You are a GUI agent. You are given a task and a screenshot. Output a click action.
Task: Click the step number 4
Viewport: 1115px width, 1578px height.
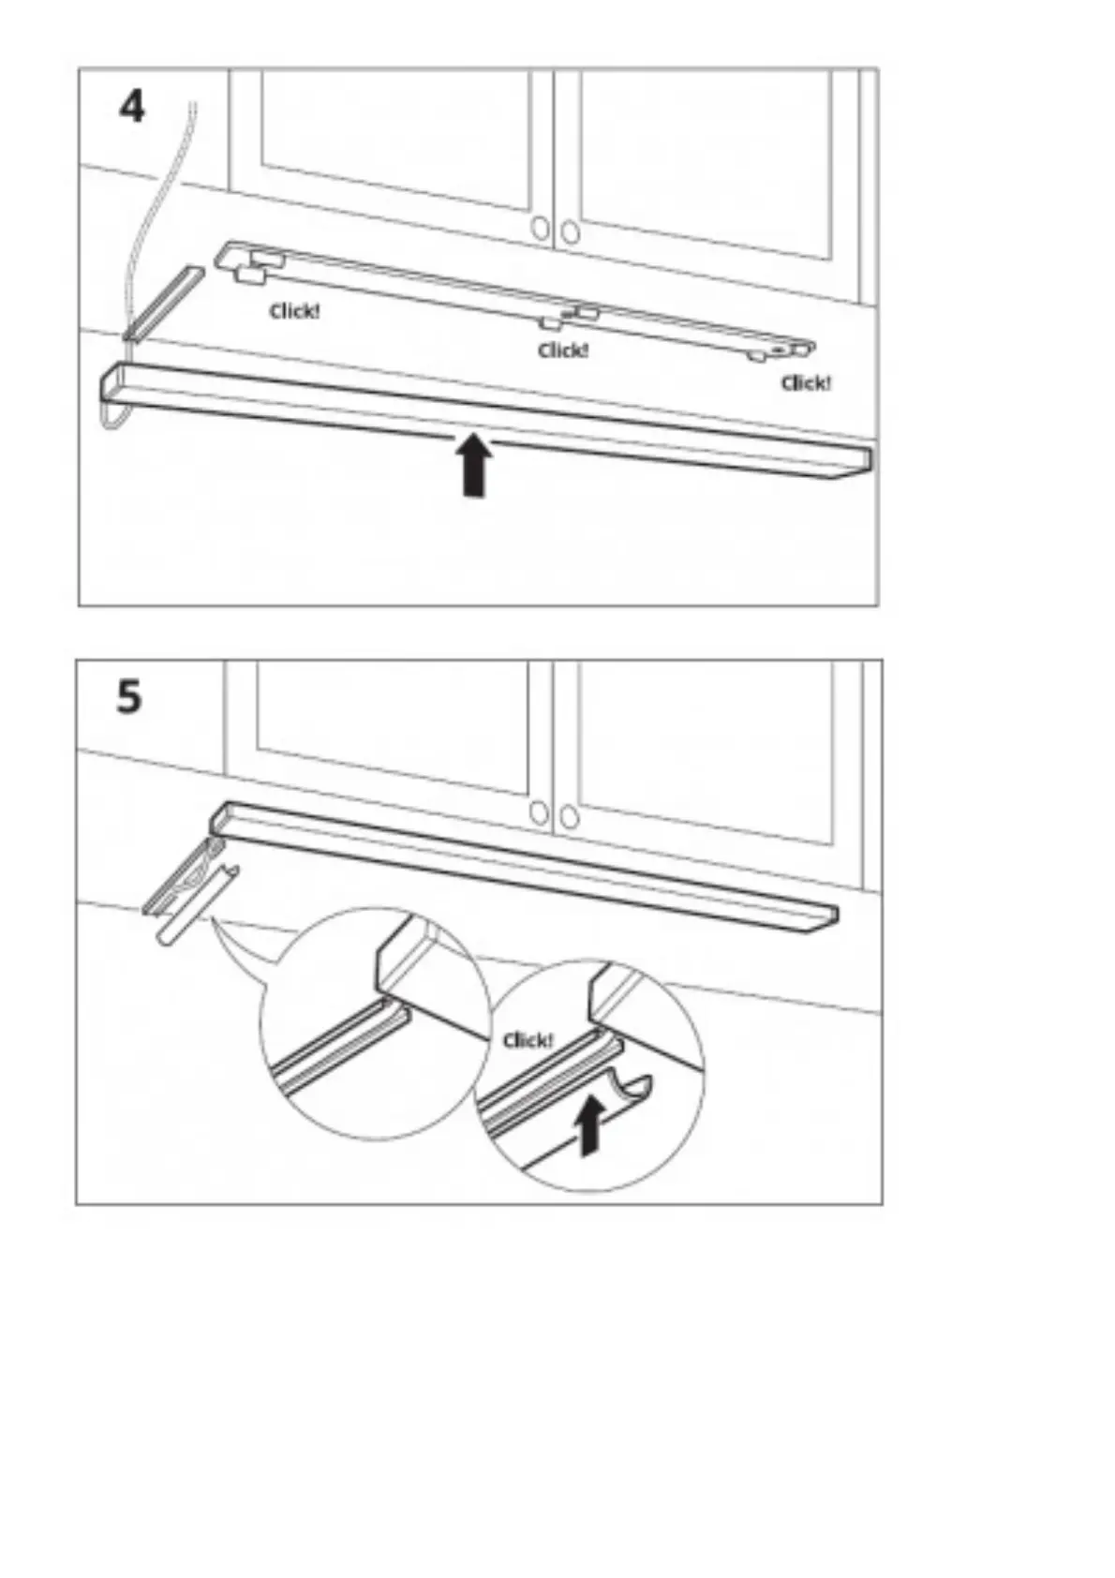pyautogui.click(x=132, y=107)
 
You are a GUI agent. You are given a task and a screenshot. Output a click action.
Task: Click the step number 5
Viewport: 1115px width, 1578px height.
pyautogui.click(x=129, y=697)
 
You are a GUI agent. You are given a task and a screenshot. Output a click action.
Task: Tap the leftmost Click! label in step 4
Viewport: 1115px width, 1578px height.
pyautogui.click(x=294, y=311)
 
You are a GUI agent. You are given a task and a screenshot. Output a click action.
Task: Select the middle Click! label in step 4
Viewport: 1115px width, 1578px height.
pyautogui.click(x=563, y=350)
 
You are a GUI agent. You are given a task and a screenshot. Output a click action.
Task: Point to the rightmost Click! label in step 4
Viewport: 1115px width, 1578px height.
pyautogui.click(x=806, y=382)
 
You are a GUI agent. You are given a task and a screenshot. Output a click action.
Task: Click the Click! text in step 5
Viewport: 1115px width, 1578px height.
pyautogui.click(x=528, y=1040)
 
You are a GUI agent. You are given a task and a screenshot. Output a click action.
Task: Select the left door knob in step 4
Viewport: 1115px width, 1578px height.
pyautogui.click(x=541, y=228)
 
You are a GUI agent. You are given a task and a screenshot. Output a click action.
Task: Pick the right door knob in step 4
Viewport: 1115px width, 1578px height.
pyautogui.click(x=570, y=231)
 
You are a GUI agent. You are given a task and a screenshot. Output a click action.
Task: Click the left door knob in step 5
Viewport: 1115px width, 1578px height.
pyautogui.click(x=539, y=811)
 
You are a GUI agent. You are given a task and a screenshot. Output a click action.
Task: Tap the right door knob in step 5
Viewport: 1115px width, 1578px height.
pyautogui.click(x=569, y=817)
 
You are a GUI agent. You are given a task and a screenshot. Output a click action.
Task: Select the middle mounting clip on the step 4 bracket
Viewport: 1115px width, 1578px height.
pyautogui.click(x=551, y=323)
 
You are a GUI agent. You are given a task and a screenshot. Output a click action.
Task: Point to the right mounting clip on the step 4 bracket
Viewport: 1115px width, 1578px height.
pyautogui.click(x=757, y=356)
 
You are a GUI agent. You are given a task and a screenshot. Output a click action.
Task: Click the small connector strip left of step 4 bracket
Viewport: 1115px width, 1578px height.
pyautogui.click(x=164, y=302)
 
